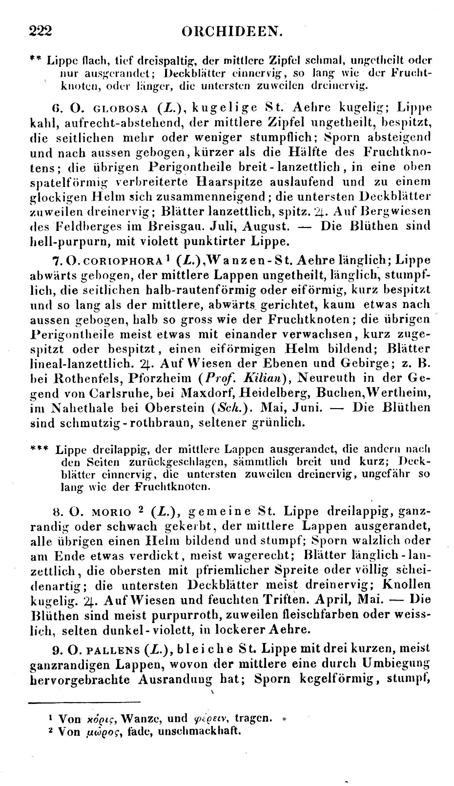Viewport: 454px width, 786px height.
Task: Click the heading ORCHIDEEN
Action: (232, 32)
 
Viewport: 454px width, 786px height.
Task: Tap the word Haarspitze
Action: (230, 182)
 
